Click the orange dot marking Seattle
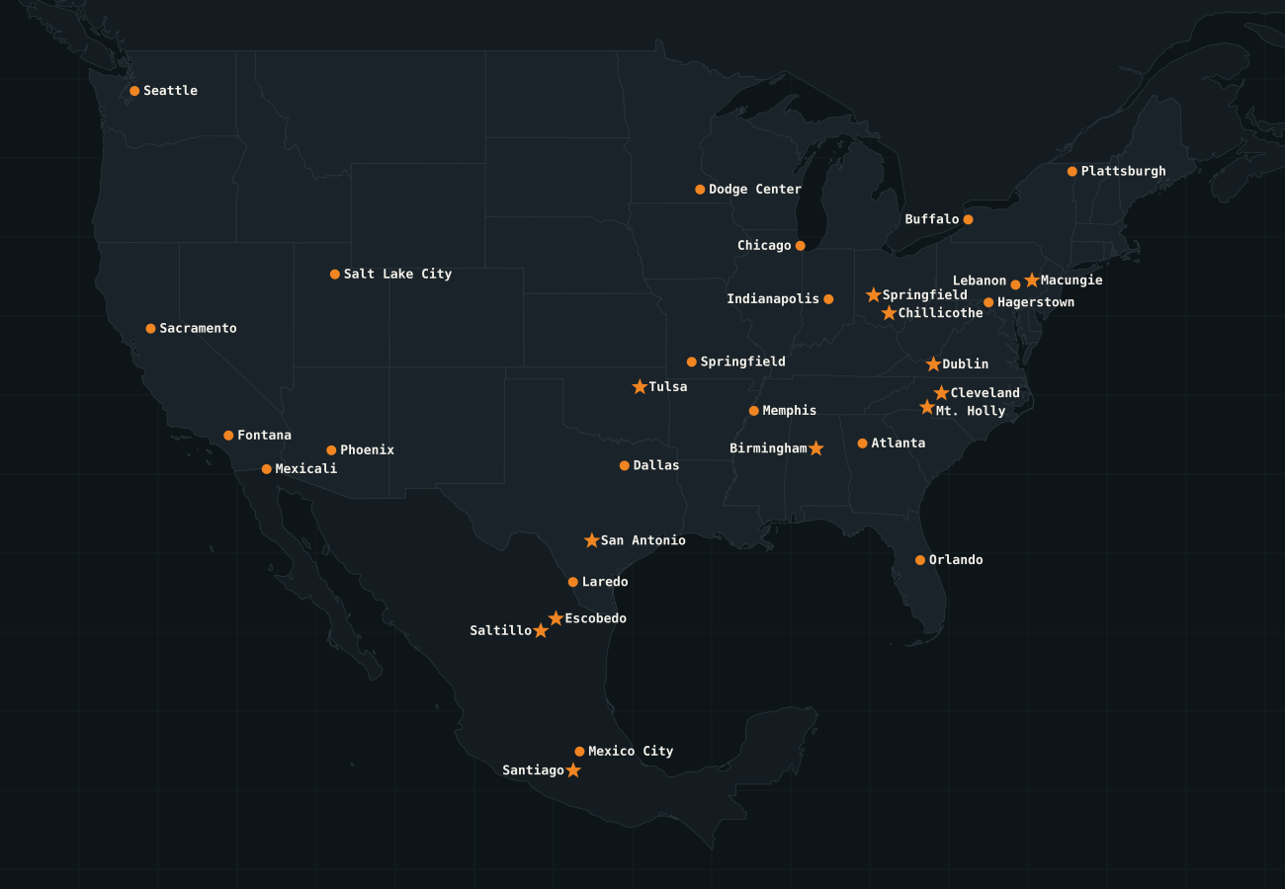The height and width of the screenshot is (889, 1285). pyautogui.click(x=134, y=91)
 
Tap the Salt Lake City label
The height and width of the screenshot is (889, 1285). pyautogui.click(x=397, y=274)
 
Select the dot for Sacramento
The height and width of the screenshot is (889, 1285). pyautogui.click(x=150, y=328)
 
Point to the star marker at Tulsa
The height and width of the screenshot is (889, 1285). pyautogui.click(x=640, y=386)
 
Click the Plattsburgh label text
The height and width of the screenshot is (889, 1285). pyautogui.click(x=1123, y=171)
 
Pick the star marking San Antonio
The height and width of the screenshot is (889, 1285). pyautogui.click(x=591, y=540)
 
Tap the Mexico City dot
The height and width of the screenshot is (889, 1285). pyautogui.click(x=579, y=752)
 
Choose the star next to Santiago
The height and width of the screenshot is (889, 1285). pyautogui.click(x=573, y=770)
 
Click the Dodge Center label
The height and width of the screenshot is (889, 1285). pyautogui.click(x=755, y=189)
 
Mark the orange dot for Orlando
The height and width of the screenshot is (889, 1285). pyautogui.click(x=920, y=560)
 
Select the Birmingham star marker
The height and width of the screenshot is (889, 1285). pyautogui.click(x=815, y=448)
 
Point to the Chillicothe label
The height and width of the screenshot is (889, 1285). pyautogui.click(x=940, y=313)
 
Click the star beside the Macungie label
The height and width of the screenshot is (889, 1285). pyautogui.click(x=1032, y=281)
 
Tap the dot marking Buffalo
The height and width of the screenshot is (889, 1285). pyautogui.click(x=968, y=219)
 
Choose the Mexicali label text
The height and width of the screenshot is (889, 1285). pyautogui.click(x=305, y=468)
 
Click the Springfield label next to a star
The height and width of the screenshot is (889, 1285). pyautogui.click(x=924, y=294)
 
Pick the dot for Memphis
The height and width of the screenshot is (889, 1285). pyautogui.click(x=753, y=411)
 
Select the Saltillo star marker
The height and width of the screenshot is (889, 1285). pyautogui.click(x=541, y=630)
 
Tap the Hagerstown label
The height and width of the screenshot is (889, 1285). pyautogui.click(x=1035, y=302)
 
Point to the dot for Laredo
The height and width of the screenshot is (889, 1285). pyautogui.click(x=572, y=582)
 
